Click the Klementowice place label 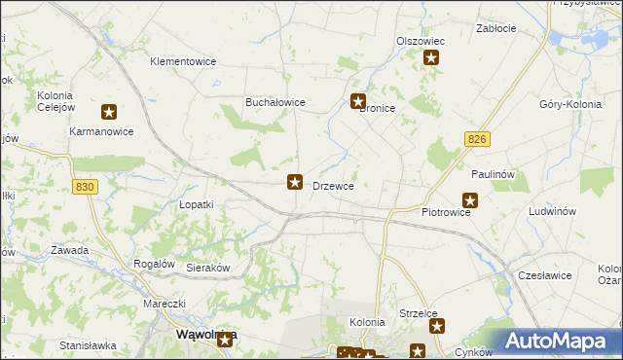pos(182,61)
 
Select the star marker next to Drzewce pos(295,181)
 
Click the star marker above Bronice pos(358,101)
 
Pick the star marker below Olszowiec pos(431,58)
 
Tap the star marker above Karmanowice pos(109,113)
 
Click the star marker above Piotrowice pos(470,201)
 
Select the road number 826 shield pos(476,141)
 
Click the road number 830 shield pos(85,187)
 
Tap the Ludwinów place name pos(553,211)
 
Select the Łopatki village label pos(196,205)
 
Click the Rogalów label pos(154,264)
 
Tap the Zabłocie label pos(495,29)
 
